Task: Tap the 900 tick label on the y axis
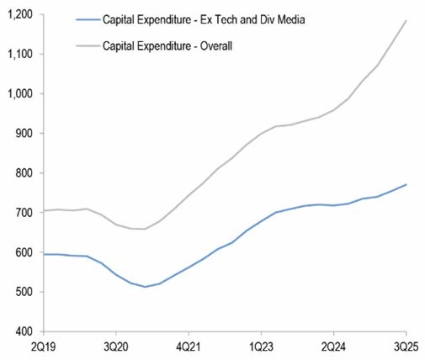coord(21,134)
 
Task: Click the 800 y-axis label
coord(21,173)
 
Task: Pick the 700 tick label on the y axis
coord(21,213)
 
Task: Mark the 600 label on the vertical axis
coord(21,252)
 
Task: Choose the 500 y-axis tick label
coord(21,292)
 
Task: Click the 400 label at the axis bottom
coord(21,331)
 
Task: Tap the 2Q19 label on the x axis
coord(45,347)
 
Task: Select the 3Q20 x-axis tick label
coord(117,347)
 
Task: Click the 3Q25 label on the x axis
coord(406,347)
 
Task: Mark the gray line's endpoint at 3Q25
coord(406,20)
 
